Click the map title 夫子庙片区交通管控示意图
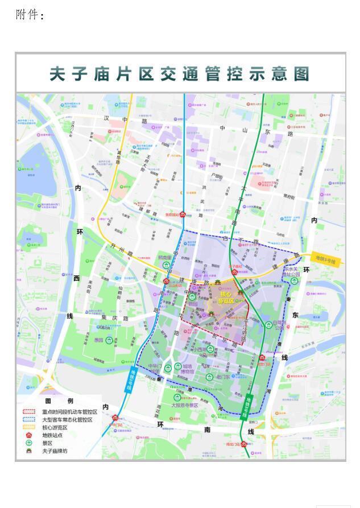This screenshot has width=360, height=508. point(180,74)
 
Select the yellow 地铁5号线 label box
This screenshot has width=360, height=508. point(324,261)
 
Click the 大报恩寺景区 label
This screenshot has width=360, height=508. point(185,406)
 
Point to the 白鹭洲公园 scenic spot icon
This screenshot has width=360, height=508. point(268,325)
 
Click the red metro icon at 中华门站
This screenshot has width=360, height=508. point(115,417)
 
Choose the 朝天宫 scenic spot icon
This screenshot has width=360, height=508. point(166,265)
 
